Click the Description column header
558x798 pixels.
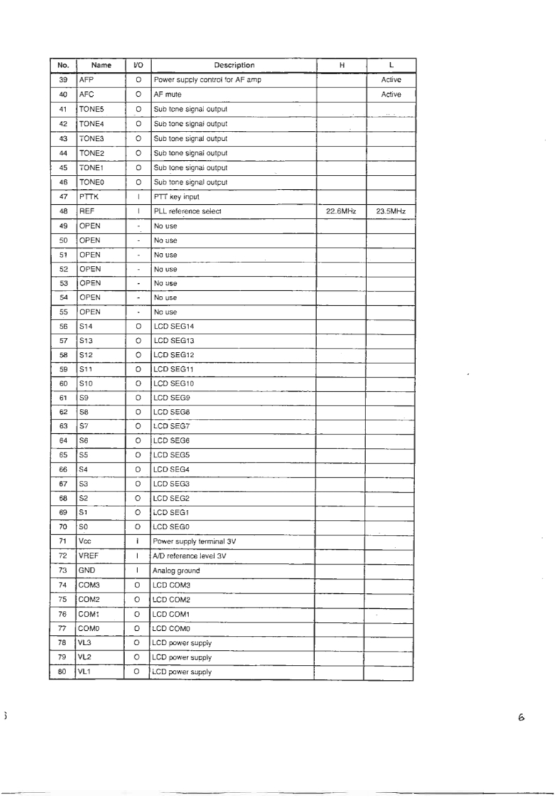tap(233, 65)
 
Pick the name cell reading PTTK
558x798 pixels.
tap(90, 196)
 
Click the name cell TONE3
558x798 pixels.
tap(93, 138)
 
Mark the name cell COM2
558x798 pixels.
tap(91, 599)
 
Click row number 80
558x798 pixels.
tap(63, 671)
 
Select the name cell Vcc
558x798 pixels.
tap(87, 541)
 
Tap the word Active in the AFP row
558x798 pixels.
tap(391, 80)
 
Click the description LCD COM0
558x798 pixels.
tap(174, 628)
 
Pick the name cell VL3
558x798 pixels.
tap(87, 642)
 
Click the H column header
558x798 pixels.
tap(341, 65)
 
